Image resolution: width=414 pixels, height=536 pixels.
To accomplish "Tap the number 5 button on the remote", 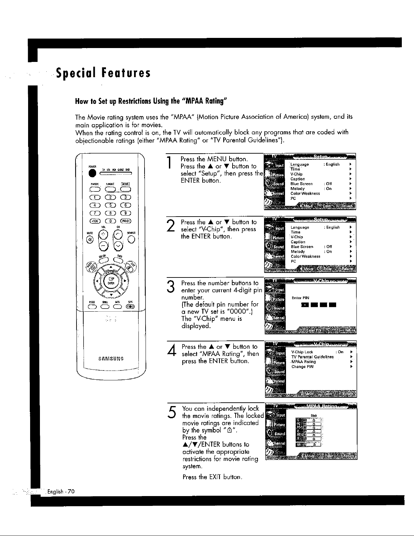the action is point(110,205).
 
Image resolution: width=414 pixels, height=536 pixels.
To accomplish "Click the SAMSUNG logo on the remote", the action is point(110,358).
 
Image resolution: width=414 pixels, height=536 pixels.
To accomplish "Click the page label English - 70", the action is point(61,491).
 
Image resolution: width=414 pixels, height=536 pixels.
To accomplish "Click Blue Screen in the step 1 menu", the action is point(301,184).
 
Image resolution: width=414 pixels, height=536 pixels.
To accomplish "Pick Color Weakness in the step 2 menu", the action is point(305,256).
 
